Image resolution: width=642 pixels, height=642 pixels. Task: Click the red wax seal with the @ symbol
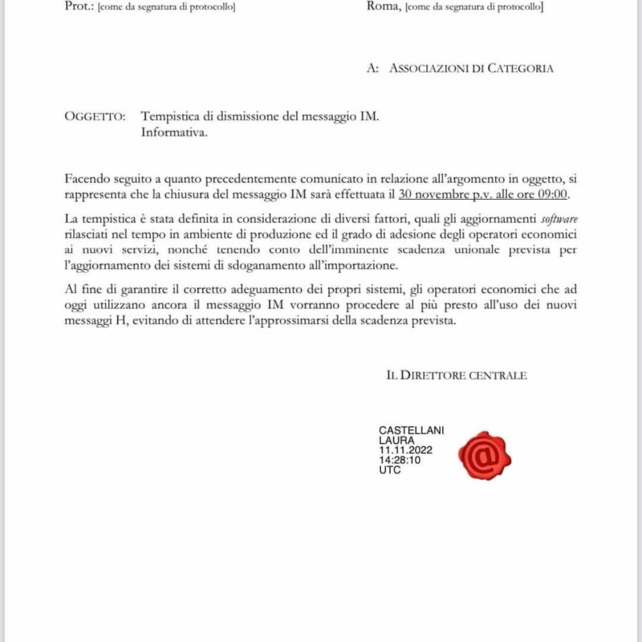(x=485, y=455)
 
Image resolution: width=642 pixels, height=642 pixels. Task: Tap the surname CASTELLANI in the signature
(x=411, y=431)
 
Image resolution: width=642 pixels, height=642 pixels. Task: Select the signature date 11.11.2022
(x=405, y=451)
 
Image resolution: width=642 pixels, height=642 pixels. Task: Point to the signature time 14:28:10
(x=400, y=461)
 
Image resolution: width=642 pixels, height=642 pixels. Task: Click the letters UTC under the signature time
(x=390, y=470)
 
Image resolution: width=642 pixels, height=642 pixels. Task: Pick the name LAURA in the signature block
(x=396, y=441)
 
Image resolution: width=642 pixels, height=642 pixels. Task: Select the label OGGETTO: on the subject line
(x=94, y=116)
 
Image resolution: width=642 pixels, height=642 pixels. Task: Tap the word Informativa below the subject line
(x=173, y=132)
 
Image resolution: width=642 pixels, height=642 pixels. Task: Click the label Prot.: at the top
(x=79, y=6)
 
